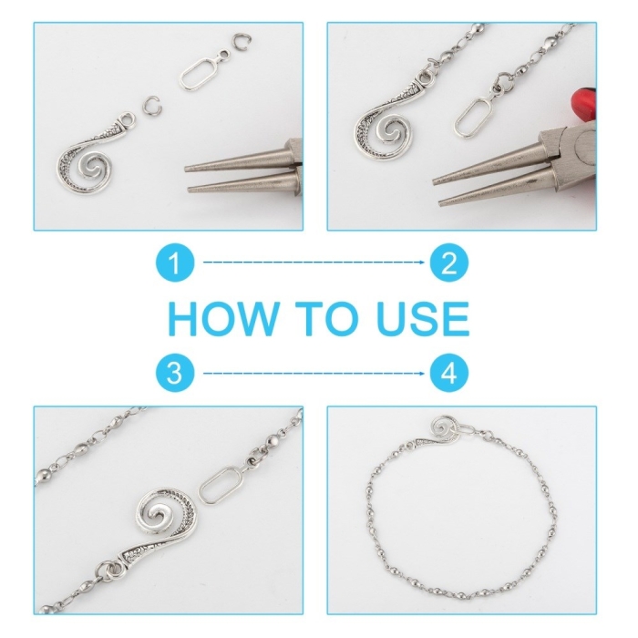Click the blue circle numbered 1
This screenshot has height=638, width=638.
coord(175,262)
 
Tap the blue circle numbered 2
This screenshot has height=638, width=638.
coord(448,262)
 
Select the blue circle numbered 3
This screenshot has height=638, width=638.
coord(175,373)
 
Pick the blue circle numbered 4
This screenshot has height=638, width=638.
coord(448,373)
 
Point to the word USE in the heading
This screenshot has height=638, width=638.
coord(422,319)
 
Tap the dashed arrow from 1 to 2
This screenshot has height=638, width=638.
coord(314,262)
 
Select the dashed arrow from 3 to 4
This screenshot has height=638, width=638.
coord(314,373)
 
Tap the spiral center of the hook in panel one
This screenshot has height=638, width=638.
coord(92,167)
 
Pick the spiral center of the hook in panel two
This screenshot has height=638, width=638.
coord(391,133)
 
